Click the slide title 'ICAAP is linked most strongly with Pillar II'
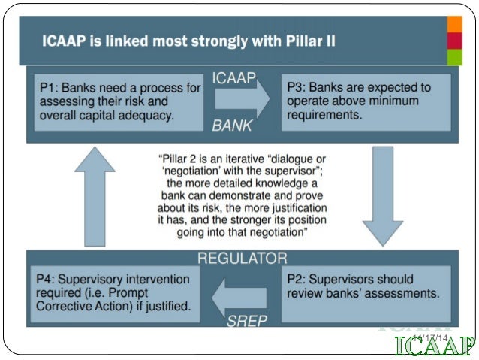pyautogui.click(x=189, y=40)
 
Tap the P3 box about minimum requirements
pyautogui.click(x=366, y=101)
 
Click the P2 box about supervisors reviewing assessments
pyautogui.click(x=366, y=286)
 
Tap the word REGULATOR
pyautogui.click(x=239, y=259)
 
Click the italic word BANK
pyautogui.click(x=232, y=126)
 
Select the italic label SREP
pyautogui.click(x=246, y=322)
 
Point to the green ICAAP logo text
pyautogui.click(x=435, y=346)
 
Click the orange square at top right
pyautogui.click(x=454, y=22)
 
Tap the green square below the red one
pyautogui.click(x=454, y=57)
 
